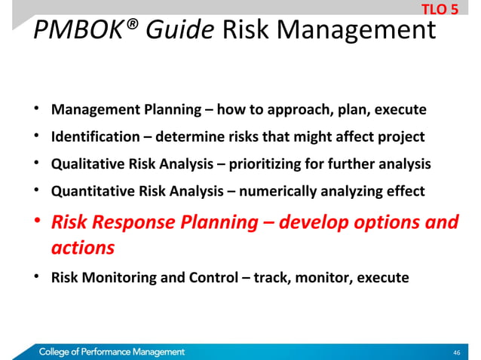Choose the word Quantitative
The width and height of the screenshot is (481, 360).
point(89,191)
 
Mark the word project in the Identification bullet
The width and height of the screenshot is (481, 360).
point(401,137)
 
